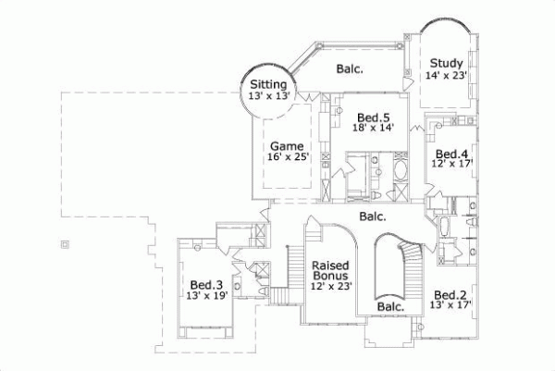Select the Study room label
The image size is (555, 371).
point(446,64)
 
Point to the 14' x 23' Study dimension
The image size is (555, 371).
point(446,76)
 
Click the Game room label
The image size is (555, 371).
point(286,145)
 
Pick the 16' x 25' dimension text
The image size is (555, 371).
point(286,157)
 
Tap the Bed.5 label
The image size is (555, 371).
point(374,117)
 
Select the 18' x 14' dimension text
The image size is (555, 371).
point(374,129)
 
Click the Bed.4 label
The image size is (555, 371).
point(450,154)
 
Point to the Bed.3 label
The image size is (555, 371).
point(206,285)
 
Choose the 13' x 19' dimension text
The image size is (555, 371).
point(206,297)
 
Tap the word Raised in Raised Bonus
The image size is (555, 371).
point(329,265)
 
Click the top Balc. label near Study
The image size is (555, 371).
point(349,68)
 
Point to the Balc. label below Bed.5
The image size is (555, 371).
point(373,217)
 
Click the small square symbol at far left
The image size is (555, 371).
point(63,244)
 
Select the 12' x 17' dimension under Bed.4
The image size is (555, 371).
point(450,165)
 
